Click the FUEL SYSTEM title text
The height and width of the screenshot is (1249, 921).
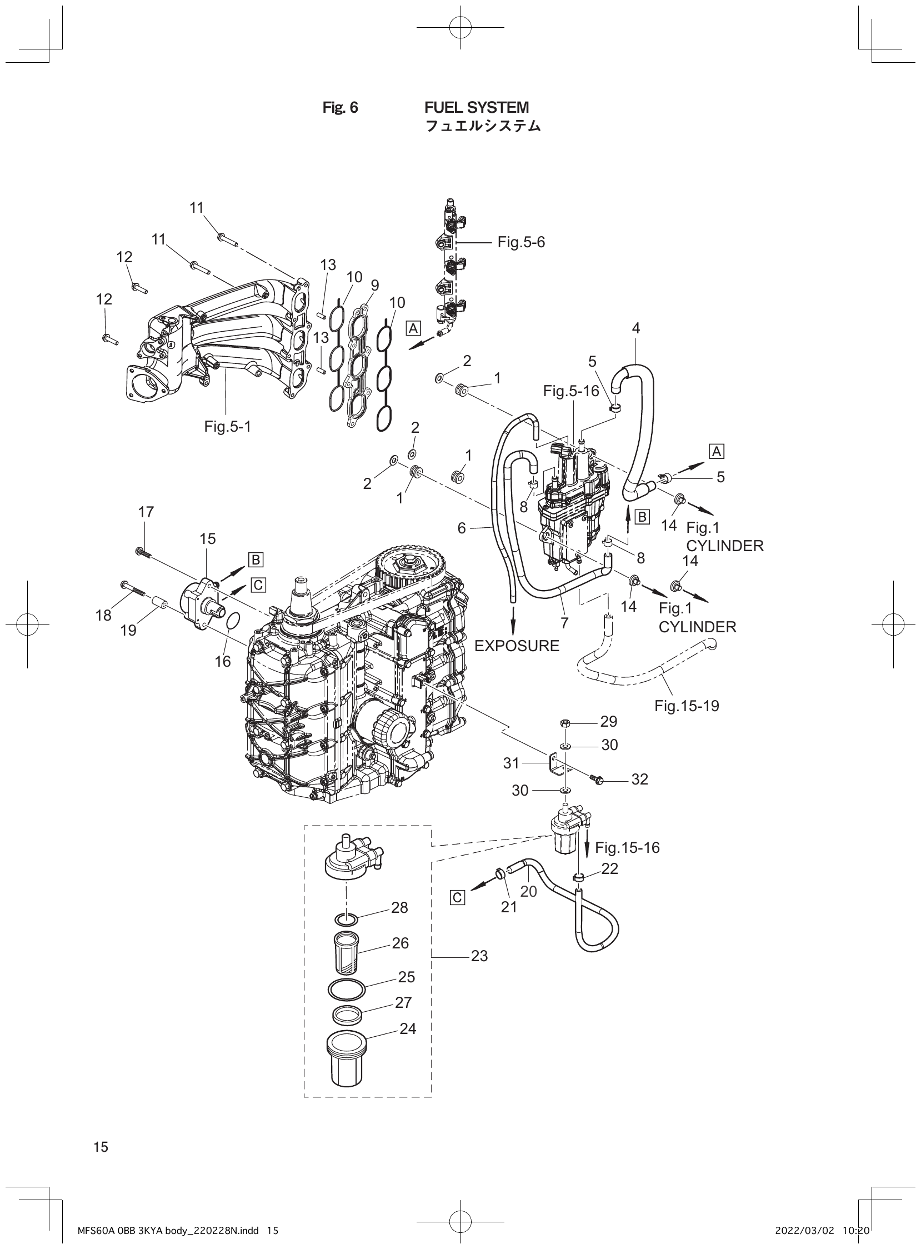477,107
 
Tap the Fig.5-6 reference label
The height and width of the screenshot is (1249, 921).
520,242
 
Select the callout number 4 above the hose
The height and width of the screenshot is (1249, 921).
635,328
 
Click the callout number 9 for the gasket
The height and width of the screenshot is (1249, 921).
374,286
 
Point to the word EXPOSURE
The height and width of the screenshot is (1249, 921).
516,646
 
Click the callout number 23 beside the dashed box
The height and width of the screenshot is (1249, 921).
479,956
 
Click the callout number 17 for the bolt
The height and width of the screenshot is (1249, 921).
146,512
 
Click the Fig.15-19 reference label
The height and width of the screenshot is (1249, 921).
686,706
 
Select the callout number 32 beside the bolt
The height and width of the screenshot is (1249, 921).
639,780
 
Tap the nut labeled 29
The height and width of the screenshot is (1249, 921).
564,723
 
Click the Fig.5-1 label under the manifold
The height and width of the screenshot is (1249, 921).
227,427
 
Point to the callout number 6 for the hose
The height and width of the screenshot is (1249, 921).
462,527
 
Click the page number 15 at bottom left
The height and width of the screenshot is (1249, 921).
101,1146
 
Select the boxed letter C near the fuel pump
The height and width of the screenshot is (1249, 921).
258,585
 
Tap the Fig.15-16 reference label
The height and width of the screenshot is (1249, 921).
627,848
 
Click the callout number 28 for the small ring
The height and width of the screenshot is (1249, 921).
399,908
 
